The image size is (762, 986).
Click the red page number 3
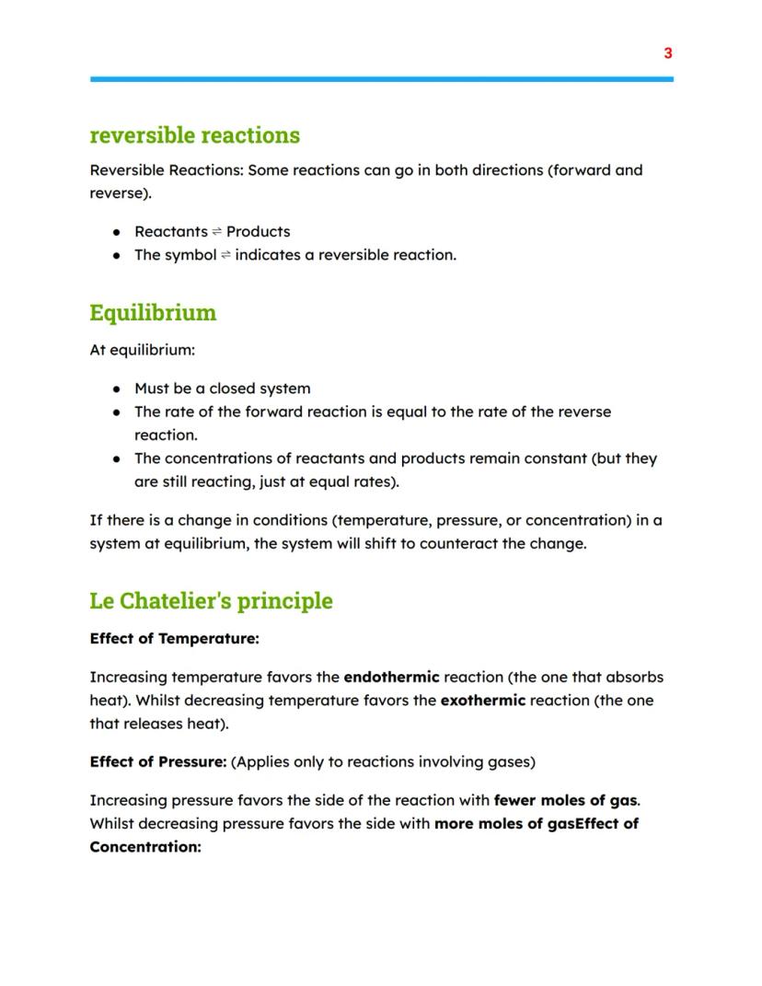point(668,53)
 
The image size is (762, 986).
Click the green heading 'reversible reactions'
point(194,135)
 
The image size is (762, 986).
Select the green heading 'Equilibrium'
point(153,313)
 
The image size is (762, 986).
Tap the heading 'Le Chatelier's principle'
point(211,601)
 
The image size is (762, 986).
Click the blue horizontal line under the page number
point(381,79)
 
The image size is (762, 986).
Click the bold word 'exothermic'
point(482,700)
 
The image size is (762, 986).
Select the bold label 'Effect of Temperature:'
point(174,638)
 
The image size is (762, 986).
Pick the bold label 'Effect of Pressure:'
point(157,761)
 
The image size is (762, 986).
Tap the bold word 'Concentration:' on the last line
point(144,846)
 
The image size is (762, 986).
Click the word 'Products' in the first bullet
point(258,232)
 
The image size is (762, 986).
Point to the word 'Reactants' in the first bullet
point(170,232)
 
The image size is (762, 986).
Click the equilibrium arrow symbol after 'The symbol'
point(225,256)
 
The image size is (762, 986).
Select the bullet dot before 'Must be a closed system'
point(116,389)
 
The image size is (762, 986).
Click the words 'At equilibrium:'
point(142,351)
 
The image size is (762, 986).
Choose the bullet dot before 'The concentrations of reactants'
point(116,458)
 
